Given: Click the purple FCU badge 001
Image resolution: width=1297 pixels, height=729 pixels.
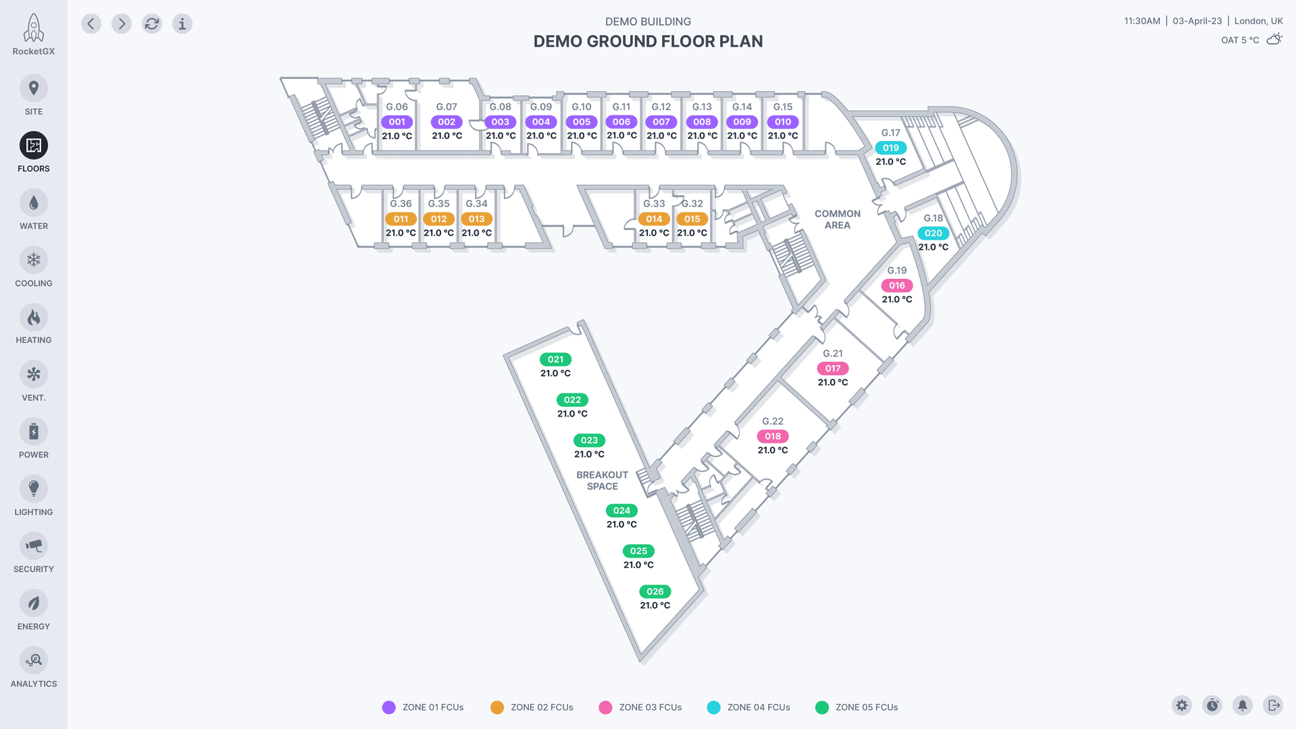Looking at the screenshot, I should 397,122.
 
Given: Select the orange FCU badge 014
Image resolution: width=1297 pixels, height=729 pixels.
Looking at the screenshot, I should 654,219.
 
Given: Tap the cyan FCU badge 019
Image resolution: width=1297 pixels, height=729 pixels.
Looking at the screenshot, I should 890,148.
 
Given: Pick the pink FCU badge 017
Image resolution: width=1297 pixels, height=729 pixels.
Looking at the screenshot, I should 833,369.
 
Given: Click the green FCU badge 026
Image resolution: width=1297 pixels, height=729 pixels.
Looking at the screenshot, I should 655,592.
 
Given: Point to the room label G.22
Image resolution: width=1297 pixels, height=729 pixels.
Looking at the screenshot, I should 773,421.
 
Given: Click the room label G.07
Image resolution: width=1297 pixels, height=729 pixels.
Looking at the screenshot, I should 447,107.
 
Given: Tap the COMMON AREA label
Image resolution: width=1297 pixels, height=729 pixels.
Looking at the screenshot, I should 838,219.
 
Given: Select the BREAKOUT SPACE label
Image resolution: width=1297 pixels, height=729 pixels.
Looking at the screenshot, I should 602,481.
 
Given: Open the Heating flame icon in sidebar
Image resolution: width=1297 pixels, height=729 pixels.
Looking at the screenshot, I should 34,317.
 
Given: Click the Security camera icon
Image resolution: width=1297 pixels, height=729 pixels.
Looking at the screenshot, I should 34,546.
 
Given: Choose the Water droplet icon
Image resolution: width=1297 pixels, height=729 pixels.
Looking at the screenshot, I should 34,202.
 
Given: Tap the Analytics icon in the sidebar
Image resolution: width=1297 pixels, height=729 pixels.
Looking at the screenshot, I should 34,660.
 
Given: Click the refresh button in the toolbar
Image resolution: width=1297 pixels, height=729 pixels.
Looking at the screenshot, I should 152,24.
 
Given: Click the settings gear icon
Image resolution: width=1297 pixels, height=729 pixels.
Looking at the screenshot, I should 1181,705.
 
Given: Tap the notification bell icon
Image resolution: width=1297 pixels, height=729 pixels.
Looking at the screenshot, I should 1242,705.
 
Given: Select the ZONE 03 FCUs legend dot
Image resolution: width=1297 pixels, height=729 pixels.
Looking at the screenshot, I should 605,707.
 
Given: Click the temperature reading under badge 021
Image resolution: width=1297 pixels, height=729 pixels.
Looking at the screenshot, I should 555,373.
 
